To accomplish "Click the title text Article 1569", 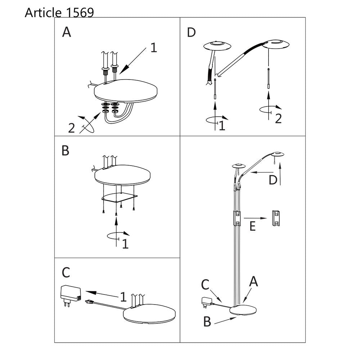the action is coord(59,13).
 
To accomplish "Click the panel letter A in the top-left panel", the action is coord(67,32).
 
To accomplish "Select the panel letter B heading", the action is coord(66,151).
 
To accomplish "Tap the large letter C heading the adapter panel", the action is coord(66,273).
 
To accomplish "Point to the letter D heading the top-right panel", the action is coord(191,32).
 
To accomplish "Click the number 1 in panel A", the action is coord(154,48).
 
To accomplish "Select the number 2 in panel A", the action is coord(71,128).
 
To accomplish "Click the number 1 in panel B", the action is coord(125,244).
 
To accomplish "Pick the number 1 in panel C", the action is coord(123,297).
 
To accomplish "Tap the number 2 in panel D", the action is coord(278,119).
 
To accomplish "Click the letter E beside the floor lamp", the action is coord(253,226).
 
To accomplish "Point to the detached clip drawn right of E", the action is coord(276,218).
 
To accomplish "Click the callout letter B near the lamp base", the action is coord(207,321).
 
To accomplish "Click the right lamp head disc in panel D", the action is coord(275,44).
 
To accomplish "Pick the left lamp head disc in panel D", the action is coord(217,46).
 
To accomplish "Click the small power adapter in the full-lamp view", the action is coord(206,302).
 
